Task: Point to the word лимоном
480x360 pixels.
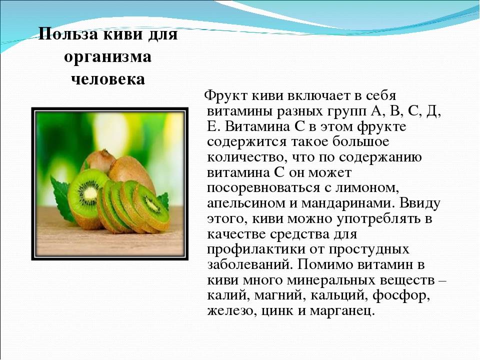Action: tap(371, 188)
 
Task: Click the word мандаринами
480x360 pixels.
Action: tap(352, 203)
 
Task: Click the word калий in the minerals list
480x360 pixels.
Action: tap(223, 295)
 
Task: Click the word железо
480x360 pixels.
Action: tap(226, 311)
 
